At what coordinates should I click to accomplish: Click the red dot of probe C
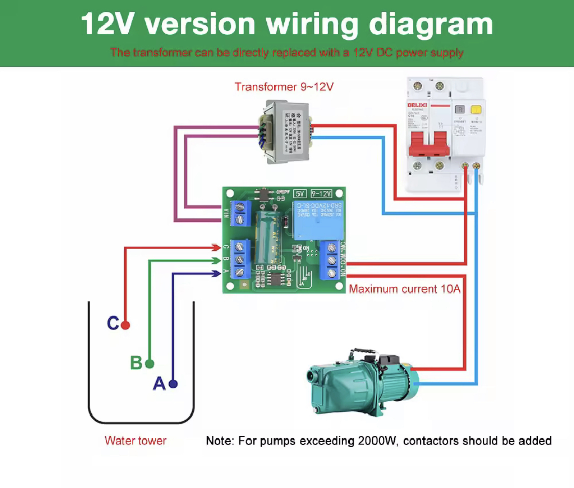point(126,325)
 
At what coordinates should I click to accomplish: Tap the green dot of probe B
point(149,364)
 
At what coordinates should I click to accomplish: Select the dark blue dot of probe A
point(173,384)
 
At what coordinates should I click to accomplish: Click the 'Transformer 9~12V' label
point(284,87)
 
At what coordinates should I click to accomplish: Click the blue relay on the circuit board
point(316,219)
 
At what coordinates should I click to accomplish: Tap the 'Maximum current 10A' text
point(405,289)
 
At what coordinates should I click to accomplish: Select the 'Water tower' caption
point(135,441)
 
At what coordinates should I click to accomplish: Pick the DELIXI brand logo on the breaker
point(418,105)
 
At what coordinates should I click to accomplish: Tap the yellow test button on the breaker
point(476,109)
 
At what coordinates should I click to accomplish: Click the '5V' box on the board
point(300,193)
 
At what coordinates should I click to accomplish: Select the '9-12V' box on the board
point(321,193)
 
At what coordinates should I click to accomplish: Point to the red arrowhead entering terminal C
point(217,248)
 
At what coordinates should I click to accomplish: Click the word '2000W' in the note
point(375,441)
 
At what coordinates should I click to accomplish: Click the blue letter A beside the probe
point(159,384)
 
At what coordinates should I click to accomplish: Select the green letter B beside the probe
point(136,363)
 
